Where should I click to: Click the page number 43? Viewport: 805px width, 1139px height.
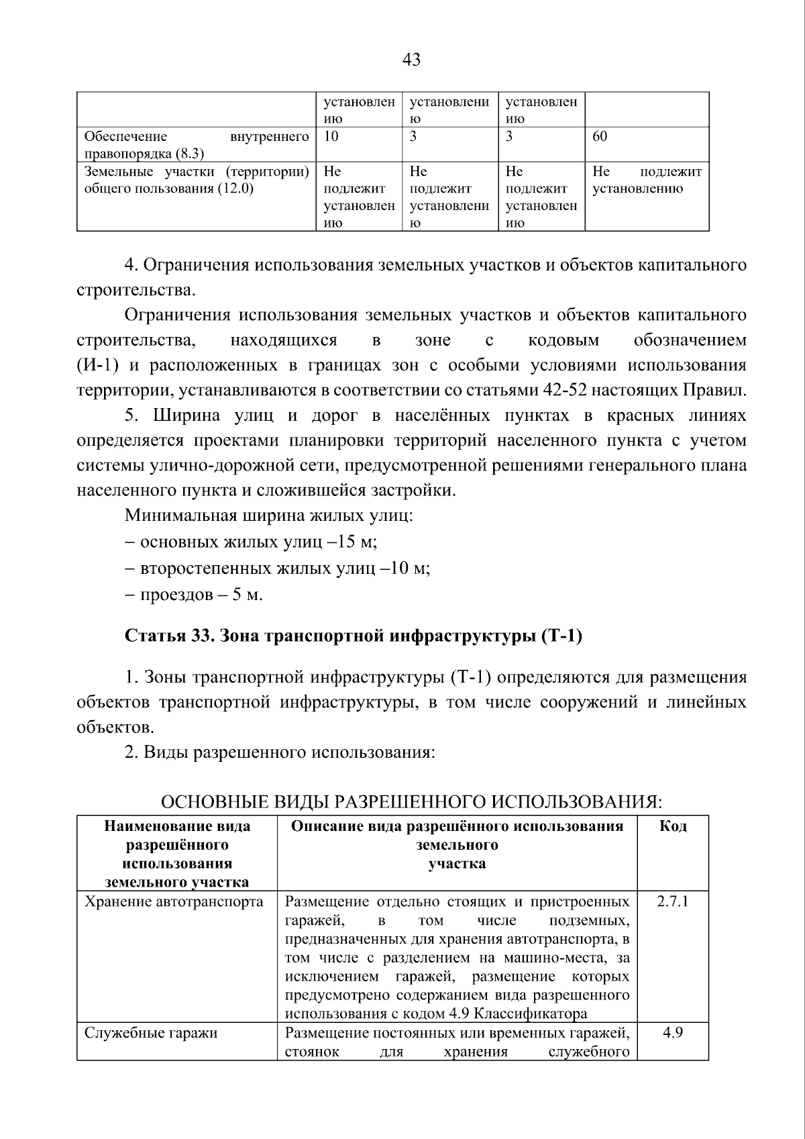[411, 60]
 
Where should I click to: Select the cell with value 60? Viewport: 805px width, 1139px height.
[600, 137]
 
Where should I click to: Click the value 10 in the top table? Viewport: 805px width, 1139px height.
[331, 137]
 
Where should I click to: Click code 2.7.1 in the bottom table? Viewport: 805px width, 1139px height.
[672, 901]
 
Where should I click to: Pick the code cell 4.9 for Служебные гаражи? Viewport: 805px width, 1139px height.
[672, 1033]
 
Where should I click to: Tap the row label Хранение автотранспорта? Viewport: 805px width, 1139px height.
[174, 901]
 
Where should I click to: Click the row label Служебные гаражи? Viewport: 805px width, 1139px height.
[151, 1033]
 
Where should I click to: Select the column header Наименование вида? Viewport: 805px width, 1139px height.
[177, 826]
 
